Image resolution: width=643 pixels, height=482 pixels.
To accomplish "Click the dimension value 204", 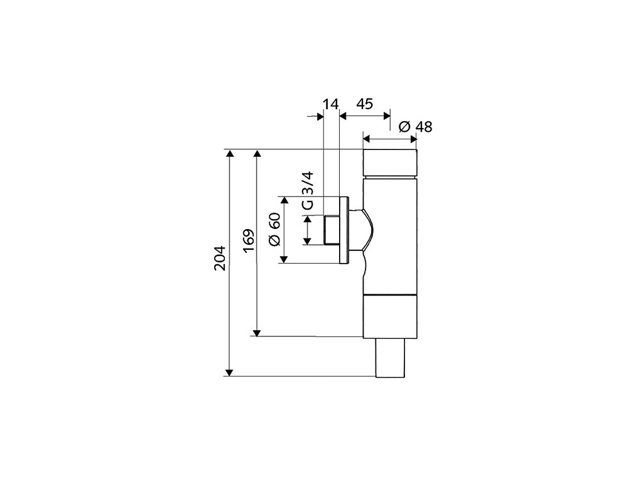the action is click(x=219, y=258).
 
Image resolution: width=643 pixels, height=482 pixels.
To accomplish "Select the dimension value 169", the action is click(x=249, y=242).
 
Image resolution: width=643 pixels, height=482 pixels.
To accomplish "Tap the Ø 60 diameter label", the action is click(x=274, y=230).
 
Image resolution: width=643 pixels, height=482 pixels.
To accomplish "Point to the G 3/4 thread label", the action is click(x=307, y=190).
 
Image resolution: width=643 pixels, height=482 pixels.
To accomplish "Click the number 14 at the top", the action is click(x=330, y=104).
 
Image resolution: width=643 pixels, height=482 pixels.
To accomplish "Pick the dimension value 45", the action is click(x=365, y=104).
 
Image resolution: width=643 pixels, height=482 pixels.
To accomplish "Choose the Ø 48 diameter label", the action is click(x=416, y=126).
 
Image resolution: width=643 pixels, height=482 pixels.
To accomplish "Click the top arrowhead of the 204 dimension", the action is click(x=230, y=154).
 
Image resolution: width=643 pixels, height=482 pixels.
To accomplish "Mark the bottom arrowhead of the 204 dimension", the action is click(x=230, y=372).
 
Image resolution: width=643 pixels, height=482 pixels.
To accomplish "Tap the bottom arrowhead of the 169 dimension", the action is click(x=256, y=332).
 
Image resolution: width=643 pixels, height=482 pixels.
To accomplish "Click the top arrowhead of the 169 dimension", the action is click(x=256, y=154).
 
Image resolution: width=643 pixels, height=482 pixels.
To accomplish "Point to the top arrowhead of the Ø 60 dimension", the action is click(x=284, y=200).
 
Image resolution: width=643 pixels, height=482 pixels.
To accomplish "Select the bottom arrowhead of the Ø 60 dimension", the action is click(x=284, y=259).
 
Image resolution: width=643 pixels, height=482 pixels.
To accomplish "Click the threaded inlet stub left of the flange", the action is click(x=330, y=230).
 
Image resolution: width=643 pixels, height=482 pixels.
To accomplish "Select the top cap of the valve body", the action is click(x=389, y=163).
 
